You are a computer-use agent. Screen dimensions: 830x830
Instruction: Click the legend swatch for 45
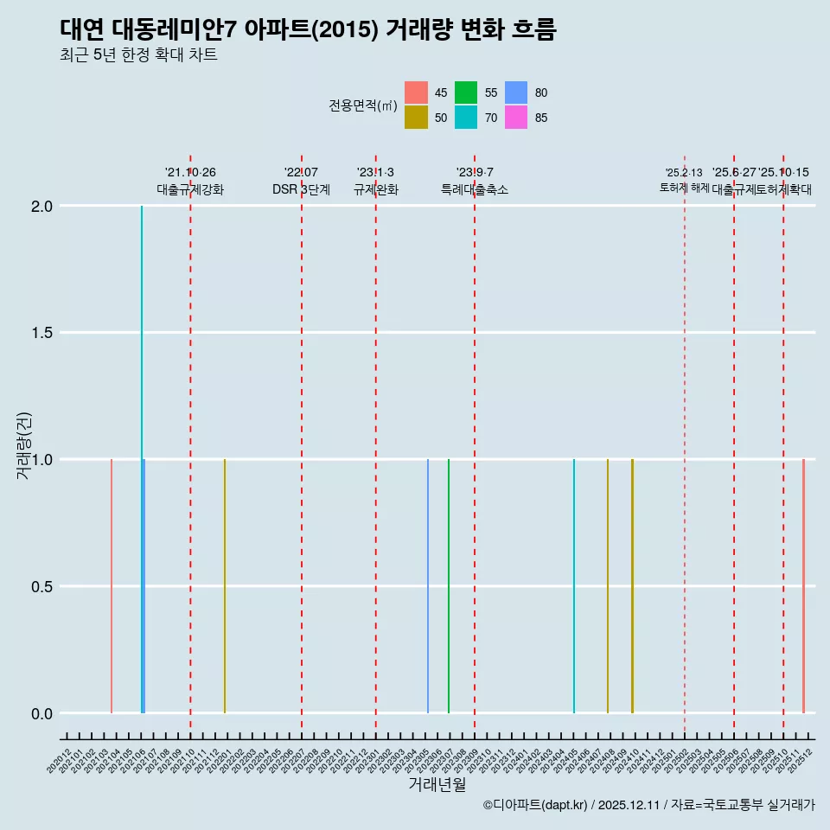point(416,93)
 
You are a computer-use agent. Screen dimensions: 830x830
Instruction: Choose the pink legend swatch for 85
point(516,118)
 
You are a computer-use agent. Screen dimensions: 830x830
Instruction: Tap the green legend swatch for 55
point(466,93)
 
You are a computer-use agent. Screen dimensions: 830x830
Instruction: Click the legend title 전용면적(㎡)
point(363,105)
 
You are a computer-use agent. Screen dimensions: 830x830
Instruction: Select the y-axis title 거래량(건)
point(25,445)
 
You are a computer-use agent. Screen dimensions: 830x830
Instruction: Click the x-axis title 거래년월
point(437,785)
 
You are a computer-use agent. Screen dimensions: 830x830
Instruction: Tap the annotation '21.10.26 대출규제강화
point(190,182)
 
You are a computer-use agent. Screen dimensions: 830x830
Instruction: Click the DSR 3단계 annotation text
point(301,189)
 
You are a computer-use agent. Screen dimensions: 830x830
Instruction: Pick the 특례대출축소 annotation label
point(475,189)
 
